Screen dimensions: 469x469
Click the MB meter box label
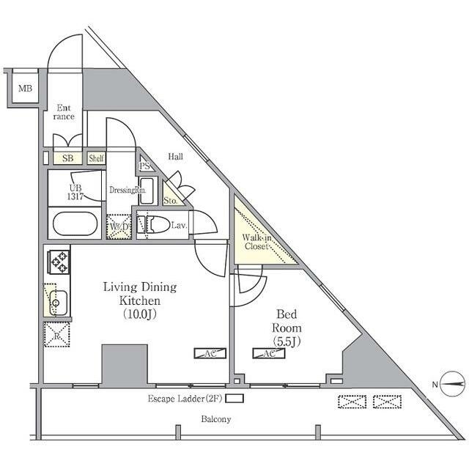(25, 89)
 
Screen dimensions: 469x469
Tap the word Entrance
(64, 112)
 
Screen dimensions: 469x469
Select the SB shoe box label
(68, 158)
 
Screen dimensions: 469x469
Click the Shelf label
(96, 158)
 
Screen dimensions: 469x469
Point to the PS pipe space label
(145, 166)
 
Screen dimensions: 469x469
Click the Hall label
(176, 156)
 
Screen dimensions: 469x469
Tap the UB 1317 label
(75, 192)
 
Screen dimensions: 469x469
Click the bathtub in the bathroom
(75, 224)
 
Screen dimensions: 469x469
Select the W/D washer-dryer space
(119, 226)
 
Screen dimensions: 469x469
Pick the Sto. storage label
(170, 201)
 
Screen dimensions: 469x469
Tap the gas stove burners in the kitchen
(59, 262)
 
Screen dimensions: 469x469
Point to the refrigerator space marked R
(57, 334)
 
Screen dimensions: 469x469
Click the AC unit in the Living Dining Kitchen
(210, 353)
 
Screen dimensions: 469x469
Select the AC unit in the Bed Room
(269, 353)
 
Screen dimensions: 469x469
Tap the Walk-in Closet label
(256, 242)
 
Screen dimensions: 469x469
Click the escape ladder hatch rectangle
(234, 399)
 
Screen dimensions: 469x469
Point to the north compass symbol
(453, 384)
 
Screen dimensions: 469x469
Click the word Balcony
(216, 419)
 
